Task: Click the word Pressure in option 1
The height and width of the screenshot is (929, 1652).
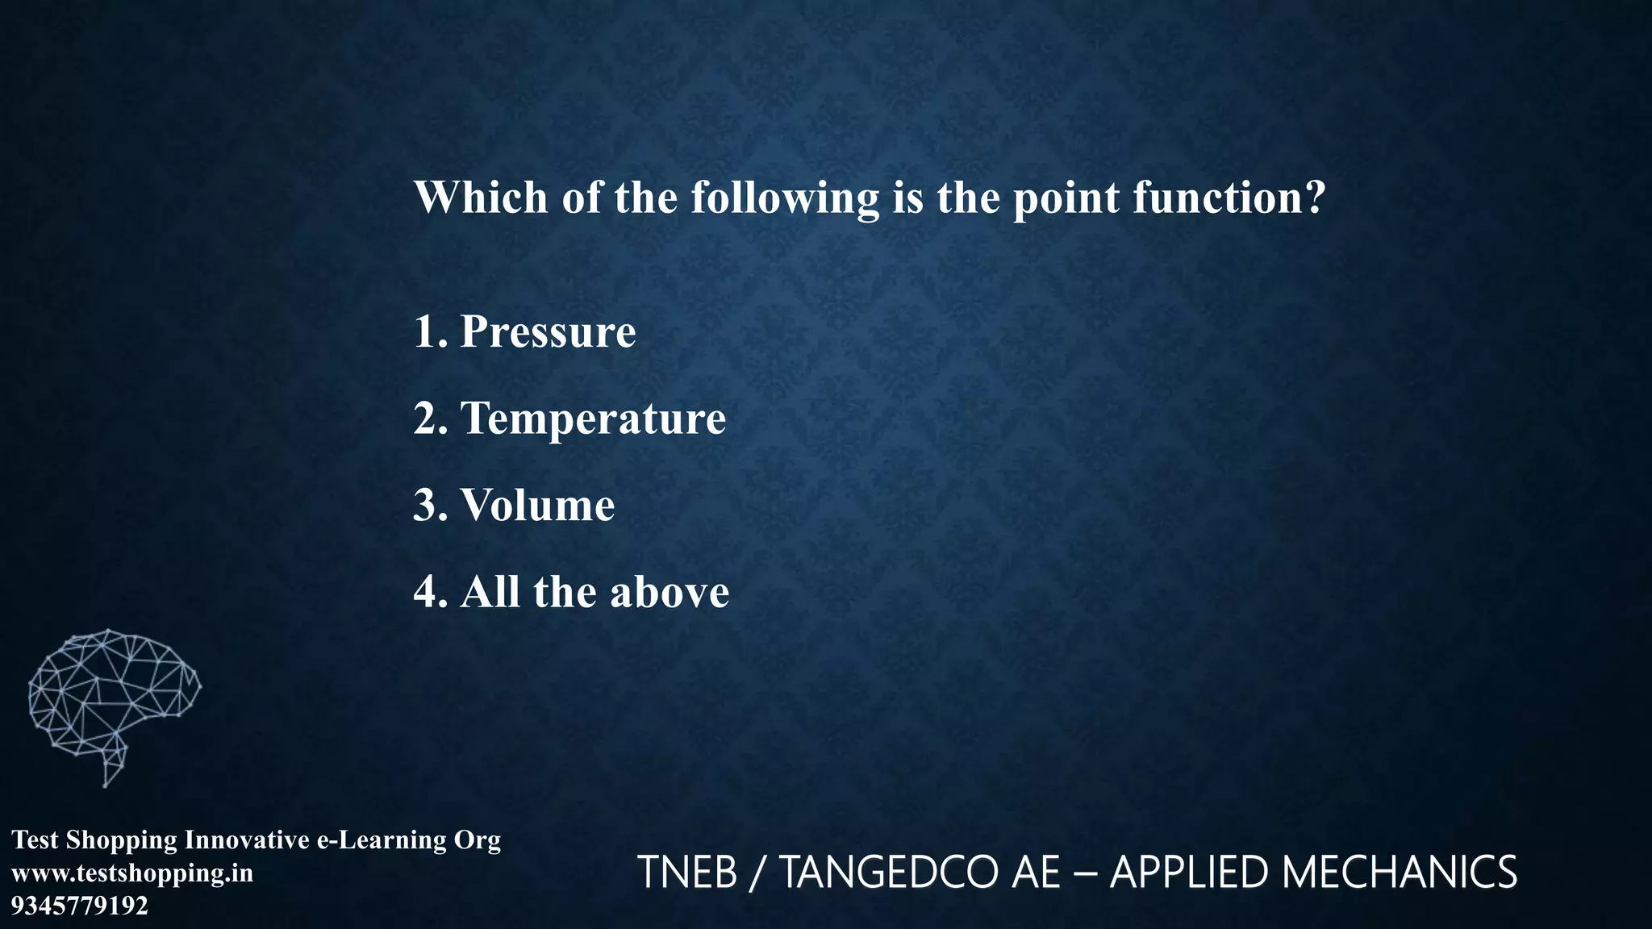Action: [x=548, y=332]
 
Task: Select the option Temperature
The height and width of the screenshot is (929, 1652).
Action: [x=593, y=419]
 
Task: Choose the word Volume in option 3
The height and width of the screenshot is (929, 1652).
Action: [x=537, y=506]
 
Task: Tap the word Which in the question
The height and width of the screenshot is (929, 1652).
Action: [x=481, y=198]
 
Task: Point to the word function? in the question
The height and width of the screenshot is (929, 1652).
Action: [x=1229, y=198]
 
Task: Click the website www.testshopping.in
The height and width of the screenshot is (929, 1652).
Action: [x=132, y=873]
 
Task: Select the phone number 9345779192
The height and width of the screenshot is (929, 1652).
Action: [x=80, y=906]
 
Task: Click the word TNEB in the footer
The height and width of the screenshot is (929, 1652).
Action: [x=687, y=873]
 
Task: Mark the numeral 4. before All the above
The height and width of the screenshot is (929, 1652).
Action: [x=430, y=593]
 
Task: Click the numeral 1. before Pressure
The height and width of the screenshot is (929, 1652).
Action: [x=430, y=332]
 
